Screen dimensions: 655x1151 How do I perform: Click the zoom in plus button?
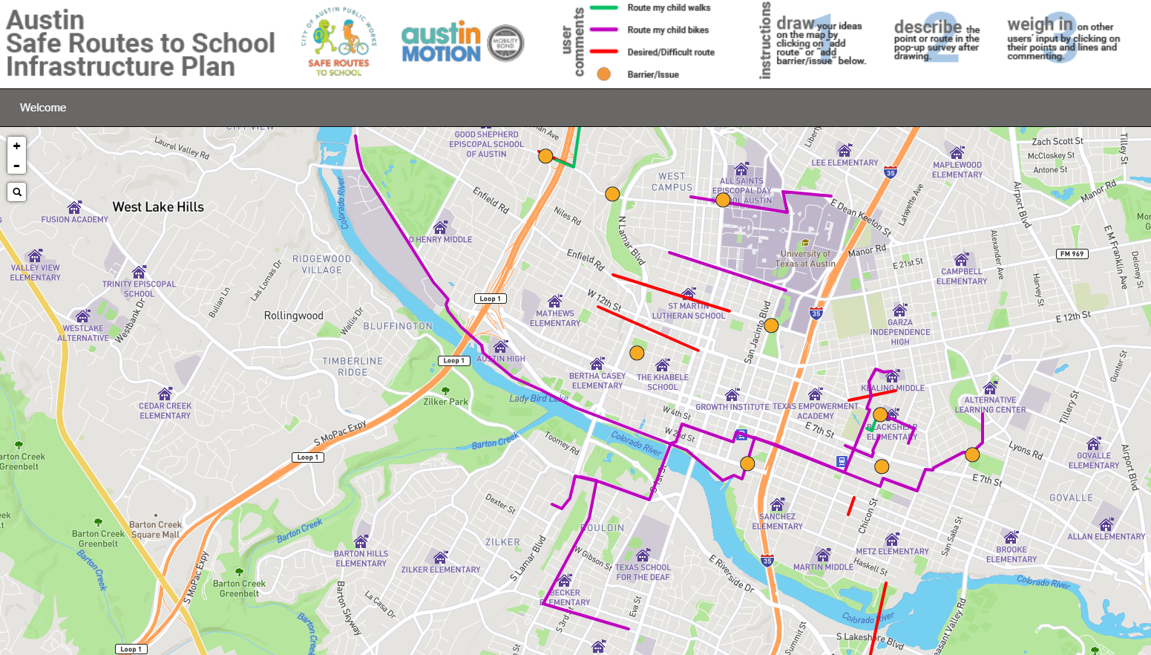coord(16,146)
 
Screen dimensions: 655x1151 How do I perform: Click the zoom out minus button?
coord(16,166)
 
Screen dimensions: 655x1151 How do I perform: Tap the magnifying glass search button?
coord(17,192)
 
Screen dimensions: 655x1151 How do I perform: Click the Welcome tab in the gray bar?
coord(43,108)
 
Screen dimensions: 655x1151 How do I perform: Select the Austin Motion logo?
coord(442,42)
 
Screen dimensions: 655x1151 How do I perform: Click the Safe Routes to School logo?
coord(340,42)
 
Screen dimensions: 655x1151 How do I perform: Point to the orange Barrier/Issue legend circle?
coord(604,74)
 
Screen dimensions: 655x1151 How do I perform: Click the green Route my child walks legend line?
coord(604,8)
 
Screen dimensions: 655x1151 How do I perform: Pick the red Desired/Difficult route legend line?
coord(604,52)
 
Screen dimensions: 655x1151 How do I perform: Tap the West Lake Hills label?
coord(158,207)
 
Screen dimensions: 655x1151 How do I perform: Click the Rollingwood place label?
coord(294,316)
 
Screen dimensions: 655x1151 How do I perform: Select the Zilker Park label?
coord(446,402)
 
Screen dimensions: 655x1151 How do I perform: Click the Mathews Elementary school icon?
coord(554,302)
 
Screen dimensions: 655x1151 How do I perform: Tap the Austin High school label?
coord(501,359)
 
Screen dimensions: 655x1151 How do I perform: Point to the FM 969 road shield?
coord(1072,254)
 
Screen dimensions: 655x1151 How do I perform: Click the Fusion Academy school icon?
coord(74,208)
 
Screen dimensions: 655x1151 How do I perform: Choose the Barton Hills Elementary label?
coord(361,558)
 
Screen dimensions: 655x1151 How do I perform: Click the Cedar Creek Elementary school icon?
coord(165,394)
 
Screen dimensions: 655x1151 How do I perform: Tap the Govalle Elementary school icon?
coord(1094,444)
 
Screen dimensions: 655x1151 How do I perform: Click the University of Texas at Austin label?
coord(807,258)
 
